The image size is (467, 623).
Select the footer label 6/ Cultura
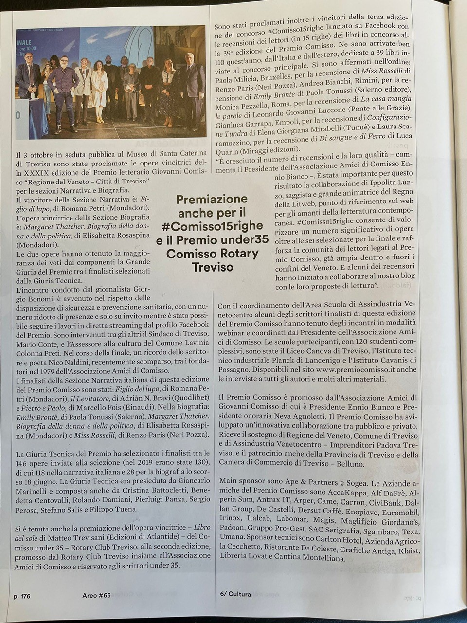point(235,594)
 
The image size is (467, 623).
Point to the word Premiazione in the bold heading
point(212,199)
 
